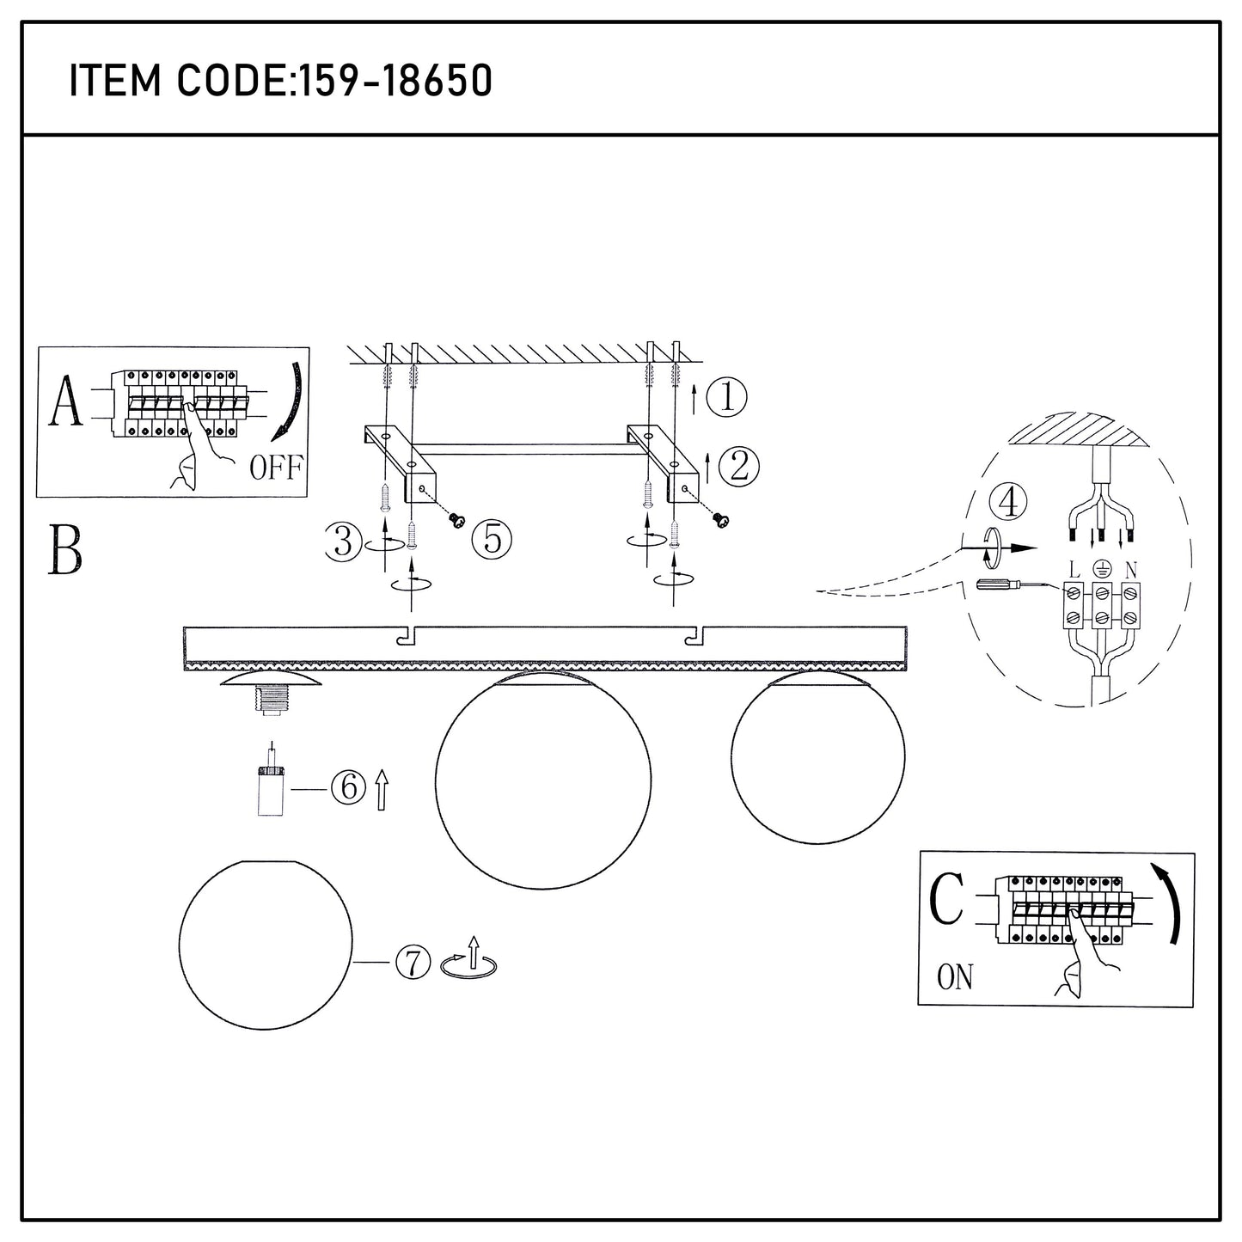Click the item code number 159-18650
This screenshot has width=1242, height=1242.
(393, 81)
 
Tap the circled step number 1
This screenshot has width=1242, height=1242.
(727, 396)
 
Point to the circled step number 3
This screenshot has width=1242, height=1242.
(344, 541)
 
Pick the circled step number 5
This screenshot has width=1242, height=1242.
(493, 539)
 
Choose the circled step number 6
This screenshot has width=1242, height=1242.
(349, 786)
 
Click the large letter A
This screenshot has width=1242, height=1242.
(65, 401)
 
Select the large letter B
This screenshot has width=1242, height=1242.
(65, 550)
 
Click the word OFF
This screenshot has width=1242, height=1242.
(276, 467)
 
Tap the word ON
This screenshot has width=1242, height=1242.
(955, 977)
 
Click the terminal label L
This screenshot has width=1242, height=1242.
(1074, 570)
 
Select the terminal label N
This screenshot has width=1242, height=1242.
(1130, 570)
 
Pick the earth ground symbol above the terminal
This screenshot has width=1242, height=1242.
(1102, 568)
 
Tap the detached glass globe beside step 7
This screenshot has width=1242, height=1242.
(266, 945)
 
